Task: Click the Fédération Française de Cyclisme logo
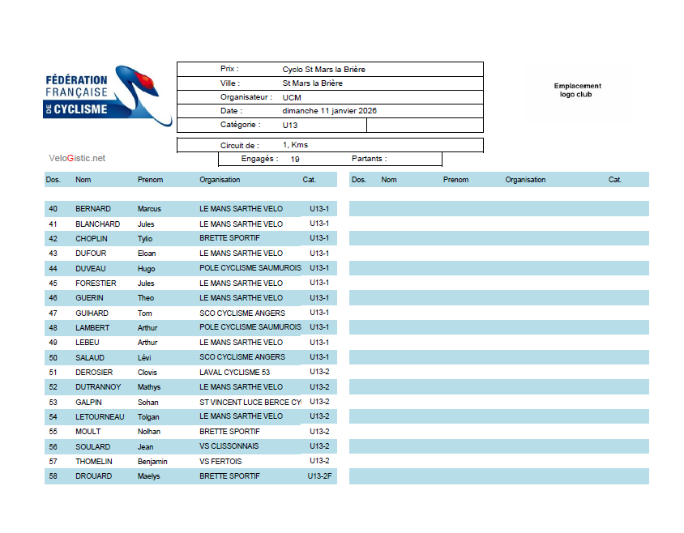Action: (108, 96)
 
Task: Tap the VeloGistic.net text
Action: (77, 158)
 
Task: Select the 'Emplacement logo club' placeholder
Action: (577, 90)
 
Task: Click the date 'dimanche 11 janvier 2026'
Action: (329, 111)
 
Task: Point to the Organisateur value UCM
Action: (292, 97)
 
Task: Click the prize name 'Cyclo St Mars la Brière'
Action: (323, 70)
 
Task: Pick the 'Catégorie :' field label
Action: (240, 125)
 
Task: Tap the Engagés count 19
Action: (295, 160)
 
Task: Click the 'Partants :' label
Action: (369, 159)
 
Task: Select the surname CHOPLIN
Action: (92, 239)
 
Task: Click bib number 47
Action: (53, 313)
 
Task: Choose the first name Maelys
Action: (148, 476)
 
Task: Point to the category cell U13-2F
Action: (320, 476)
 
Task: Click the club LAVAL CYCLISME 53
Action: (234, 373)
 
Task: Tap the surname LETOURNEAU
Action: (100, 416)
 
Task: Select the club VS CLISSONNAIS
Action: (230, 446)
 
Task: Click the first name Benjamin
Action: (152, 462)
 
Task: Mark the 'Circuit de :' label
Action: (239, 145)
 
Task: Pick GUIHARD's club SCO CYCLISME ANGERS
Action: (242, 313)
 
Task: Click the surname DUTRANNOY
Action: (98, 387)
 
